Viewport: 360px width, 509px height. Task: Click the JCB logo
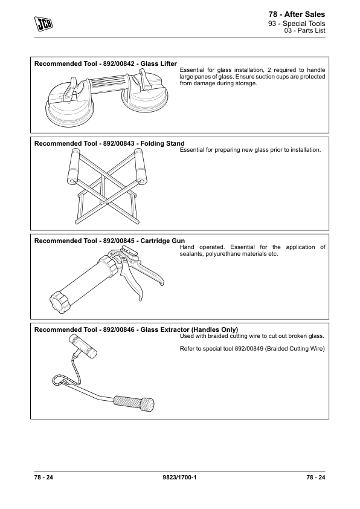(43, 24)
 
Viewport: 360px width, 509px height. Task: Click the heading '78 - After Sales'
(297, 15)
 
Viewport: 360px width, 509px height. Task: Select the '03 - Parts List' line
(305, 30)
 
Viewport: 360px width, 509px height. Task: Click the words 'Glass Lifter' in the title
(159, 63)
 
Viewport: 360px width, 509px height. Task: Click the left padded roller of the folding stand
(74, 167)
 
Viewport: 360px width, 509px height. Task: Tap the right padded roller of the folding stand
(140, 166)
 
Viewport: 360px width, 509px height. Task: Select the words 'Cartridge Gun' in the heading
(162, 241)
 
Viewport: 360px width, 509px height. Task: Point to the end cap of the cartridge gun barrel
(60, 301)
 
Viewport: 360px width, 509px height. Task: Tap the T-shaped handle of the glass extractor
(83, 346)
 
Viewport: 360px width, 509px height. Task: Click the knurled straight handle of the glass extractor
(134, 403)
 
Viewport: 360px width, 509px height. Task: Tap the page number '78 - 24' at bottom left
(43, 477)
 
